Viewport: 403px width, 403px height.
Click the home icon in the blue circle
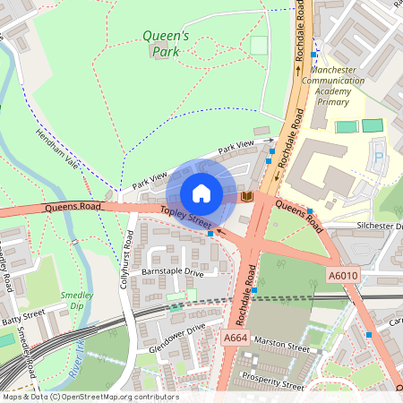201,193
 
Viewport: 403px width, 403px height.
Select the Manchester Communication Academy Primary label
332,86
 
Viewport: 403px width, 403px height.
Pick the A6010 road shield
344,276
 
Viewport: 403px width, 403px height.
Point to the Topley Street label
186,216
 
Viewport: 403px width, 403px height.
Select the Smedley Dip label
77,299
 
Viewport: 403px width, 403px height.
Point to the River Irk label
78,358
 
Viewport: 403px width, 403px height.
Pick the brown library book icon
248,196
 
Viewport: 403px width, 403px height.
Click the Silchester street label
379,227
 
